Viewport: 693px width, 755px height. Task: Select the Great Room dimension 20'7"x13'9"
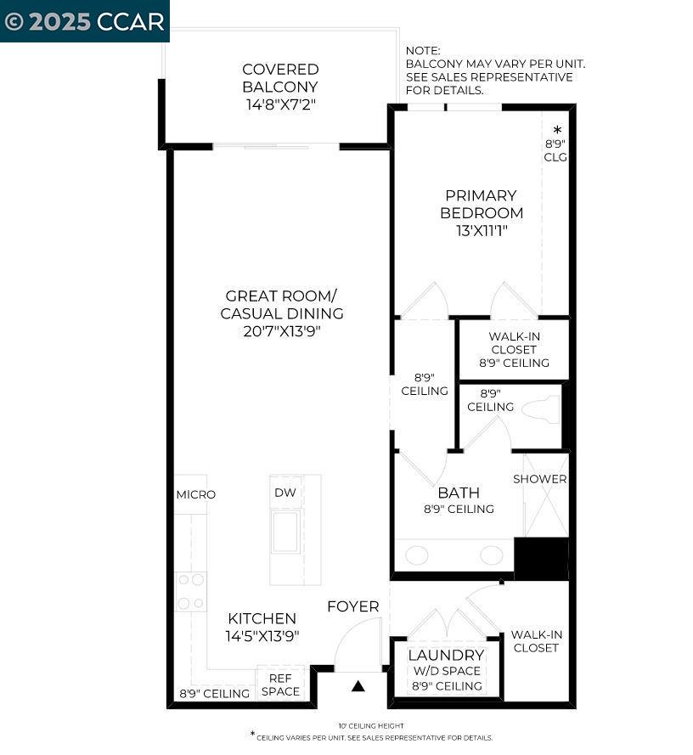pos(281,330)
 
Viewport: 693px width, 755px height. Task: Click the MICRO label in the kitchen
pos(195,494)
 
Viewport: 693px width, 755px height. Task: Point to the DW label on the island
pos(285,493)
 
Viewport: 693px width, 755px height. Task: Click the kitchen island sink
pos(285,532)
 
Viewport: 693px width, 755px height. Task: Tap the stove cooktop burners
pos(190,591)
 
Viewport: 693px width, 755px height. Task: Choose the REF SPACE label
pos(280,685)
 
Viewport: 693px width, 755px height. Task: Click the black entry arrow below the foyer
pos(358,686)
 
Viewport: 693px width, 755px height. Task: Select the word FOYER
pos(353,606)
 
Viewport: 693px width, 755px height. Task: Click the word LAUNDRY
pos(446,656)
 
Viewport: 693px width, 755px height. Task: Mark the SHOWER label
pos(539,479)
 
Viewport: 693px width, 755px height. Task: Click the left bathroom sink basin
pos(416,555)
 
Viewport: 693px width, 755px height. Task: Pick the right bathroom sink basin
pos(491,555)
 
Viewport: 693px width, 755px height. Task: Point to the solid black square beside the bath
pos(542,559)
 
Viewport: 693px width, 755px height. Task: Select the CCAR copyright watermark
pos(85,21)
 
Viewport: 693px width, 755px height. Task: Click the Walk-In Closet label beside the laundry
pos(536,641)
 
